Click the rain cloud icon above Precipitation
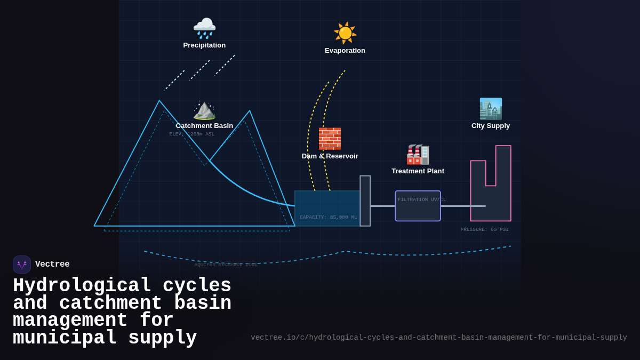point(204,28)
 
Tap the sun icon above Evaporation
point(345,33)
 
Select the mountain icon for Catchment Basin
point(204,110)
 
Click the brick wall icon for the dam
point(330,139)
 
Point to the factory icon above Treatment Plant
point(418,155)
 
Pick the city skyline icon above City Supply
point(491,109)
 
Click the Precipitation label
point(204,45)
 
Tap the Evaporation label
point(345,51)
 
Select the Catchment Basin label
point(204,126)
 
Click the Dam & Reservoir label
point(330,156)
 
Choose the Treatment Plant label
point(418,171)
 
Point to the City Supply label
point(491,126)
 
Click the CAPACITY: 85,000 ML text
point(328,218)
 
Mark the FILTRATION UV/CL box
point(418,206)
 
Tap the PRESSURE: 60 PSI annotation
point(484,230)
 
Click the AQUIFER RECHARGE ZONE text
point(226,265)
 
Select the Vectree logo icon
point(22,265)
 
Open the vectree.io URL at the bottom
point(438,338)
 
